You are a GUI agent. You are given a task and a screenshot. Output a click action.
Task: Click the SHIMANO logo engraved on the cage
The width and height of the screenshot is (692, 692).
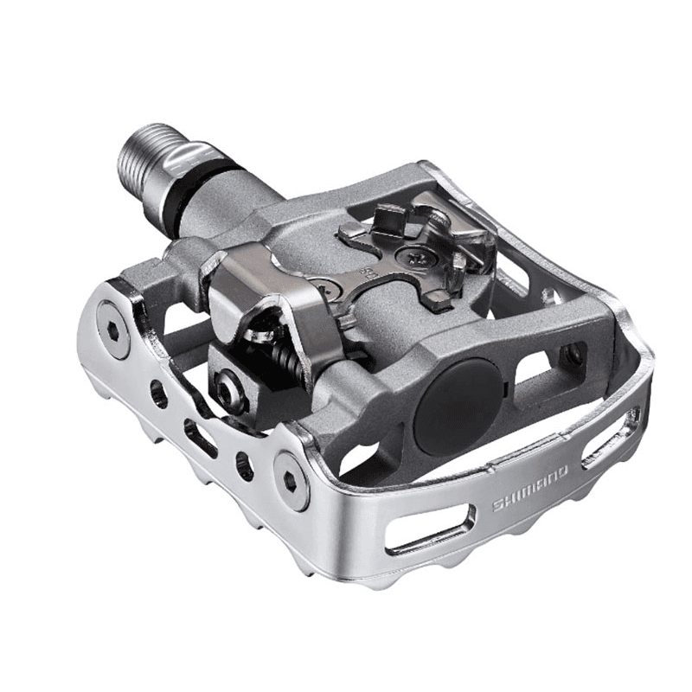[x=530, y=489]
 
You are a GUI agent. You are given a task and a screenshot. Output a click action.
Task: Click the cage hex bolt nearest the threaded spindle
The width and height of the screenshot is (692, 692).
[x=113, y=317]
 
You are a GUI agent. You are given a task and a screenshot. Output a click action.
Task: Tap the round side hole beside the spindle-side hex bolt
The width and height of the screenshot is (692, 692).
[x=158, y=394]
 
